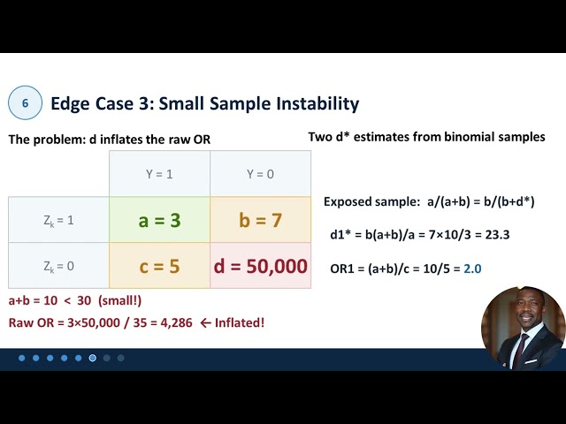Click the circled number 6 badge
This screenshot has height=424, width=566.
tap(25, 103)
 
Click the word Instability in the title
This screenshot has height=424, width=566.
tap(315, 103)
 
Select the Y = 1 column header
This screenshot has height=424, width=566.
tap(159, 174)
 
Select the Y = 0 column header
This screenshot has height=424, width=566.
tap(260, 174)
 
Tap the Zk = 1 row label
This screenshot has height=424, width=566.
tap(58, 220)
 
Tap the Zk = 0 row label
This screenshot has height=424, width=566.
tap(58, 266)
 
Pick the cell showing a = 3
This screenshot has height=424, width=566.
tap(159, 220)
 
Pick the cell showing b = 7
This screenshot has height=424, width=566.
tap(260, 220)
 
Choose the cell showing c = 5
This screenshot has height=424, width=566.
tap(159, 266)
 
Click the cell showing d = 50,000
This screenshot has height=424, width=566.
tap(260, 266)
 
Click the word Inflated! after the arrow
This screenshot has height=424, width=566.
tap(237, 322)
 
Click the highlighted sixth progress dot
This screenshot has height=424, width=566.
tap(93, 358)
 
